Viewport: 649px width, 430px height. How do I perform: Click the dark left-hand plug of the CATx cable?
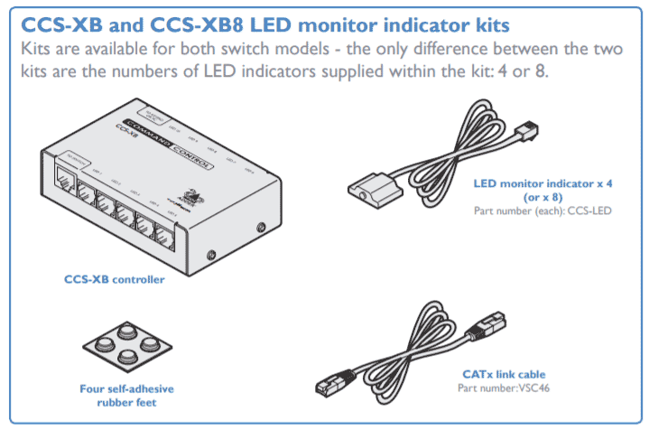pyautogui.click(x=329, y=384)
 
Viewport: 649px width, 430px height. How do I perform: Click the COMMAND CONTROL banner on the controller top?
pyautogui.click(x=167, y=143)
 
